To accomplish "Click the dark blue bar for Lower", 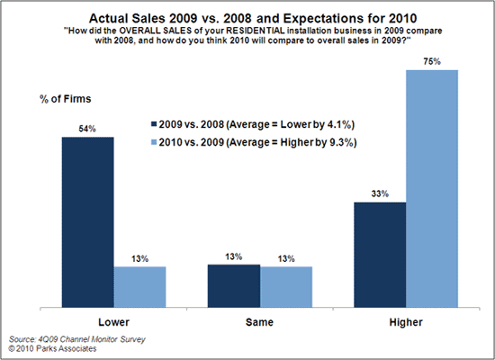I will [x=87, y=221].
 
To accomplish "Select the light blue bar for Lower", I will [x=139, y=286].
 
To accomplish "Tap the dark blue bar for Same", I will [x=233, y=285].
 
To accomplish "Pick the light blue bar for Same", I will [x=286, y=286].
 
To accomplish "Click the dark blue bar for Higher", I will [x=380, y=255].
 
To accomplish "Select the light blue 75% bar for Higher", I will [x=432, y=188].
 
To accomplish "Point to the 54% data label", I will [x=87, y=129].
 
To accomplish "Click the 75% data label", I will [x=432, y=61].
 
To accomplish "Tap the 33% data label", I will [x=380, y=193].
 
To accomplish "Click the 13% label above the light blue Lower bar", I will [x=139, y=258].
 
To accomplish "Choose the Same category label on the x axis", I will [x=259, y=321].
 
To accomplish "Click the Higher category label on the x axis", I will [x=406, y=321].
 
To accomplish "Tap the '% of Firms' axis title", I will [x=66, y=97].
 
